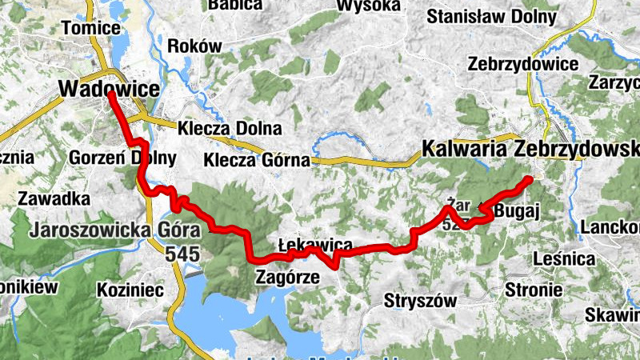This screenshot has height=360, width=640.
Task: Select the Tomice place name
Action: coord(90,27)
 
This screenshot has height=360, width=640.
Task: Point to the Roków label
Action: coord(194,46)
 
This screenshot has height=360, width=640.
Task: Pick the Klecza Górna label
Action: coord(256,160)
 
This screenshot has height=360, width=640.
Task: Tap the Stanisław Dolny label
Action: coord(491,16)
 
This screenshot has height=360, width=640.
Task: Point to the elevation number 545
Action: coord(182,254)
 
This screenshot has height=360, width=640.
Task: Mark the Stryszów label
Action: coord(419,301)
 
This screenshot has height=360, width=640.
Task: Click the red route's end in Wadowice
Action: coord(110,95)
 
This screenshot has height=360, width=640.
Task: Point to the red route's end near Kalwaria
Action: coord(529,180)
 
